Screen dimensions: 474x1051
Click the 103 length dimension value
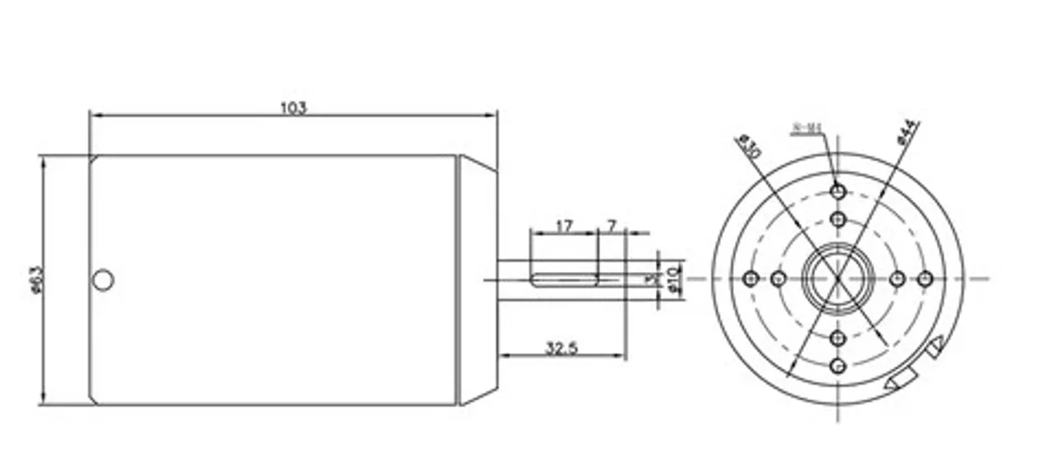click(293, 108)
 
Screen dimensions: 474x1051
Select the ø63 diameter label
click(36, 280)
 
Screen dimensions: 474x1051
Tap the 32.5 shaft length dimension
click(562, 347)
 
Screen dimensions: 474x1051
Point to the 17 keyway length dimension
click(563, 227)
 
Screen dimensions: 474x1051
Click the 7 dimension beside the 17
click(611, 227)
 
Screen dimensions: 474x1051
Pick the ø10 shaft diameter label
click(672, 278)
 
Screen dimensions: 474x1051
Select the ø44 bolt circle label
click(908, 132)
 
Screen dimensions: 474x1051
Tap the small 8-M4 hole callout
click(806, 128)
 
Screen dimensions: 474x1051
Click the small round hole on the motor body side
click(103, 280)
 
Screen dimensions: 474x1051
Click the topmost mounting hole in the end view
click(838, 191)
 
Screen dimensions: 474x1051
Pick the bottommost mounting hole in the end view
click(838, 366)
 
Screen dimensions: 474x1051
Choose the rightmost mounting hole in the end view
click(925, 278)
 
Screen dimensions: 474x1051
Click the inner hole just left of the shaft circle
click(778, 278)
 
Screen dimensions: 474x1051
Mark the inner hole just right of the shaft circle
click(898, 278)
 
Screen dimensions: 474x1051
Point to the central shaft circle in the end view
click(838, 278)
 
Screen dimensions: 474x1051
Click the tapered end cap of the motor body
click(477, 280)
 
